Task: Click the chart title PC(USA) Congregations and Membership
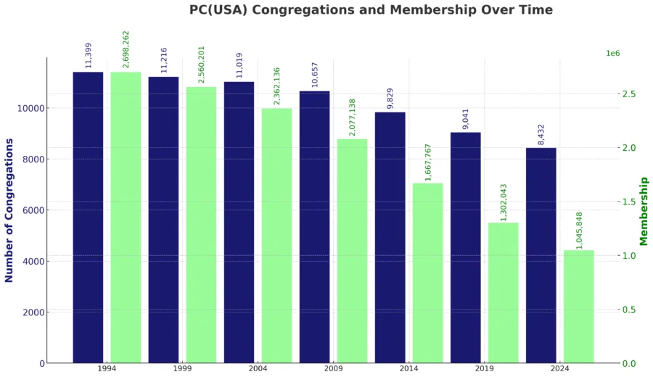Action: pyautogui.click(x=371, y=10)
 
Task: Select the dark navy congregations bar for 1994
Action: pyautogui.click(x=88, y=217)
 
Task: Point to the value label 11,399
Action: pyautogui.click(x=89, y=55)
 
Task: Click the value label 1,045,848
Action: pyautogui.click(x=579, y=231)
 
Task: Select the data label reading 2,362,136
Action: pyautogui.click(x=276, y=86)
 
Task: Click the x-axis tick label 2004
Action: pyautogui.click(x=258, y=369)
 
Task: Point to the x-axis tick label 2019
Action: pyautogui.click(x=484, y=369)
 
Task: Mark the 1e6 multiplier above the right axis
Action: pyautogui.click(x=612, y=54)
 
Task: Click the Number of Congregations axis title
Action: pyautogui.click(x=9, y=210)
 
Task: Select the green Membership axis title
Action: pyautogui.click(x=644, y=211)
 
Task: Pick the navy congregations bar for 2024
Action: pyautogui.click(x=541, y=255)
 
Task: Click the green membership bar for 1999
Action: pyautogui.click(x=201, y=225)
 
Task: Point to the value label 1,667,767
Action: pyautogui.click(x=428, y=162)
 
